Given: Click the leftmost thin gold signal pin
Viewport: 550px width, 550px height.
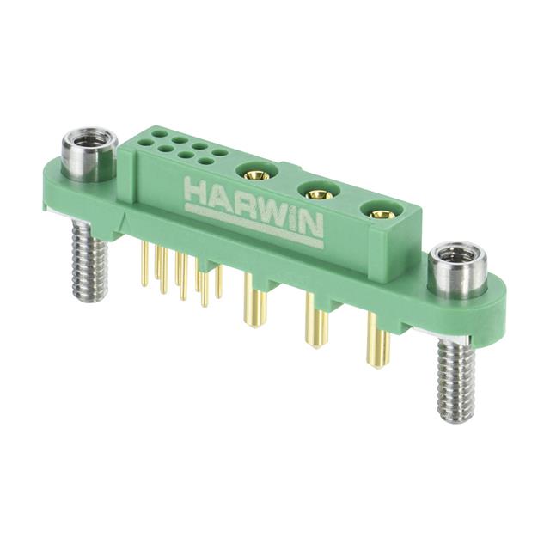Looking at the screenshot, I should (141, 266).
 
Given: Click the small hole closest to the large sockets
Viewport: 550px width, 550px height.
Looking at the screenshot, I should (220, 153).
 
